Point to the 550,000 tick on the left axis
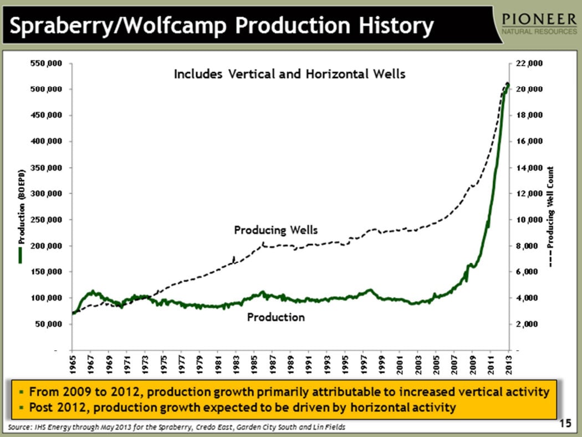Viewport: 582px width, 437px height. (47, 63)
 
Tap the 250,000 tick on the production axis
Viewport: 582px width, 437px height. (47, 220)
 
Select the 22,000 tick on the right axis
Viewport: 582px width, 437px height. (528, 63)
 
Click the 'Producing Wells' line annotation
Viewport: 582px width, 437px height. (275, 230)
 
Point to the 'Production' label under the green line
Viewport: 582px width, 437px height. (275, 317)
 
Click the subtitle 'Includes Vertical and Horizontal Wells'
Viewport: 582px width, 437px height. (289, 74)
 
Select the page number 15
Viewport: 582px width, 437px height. (565, 424)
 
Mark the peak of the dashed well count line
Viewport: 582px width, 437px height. (507, 84)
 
